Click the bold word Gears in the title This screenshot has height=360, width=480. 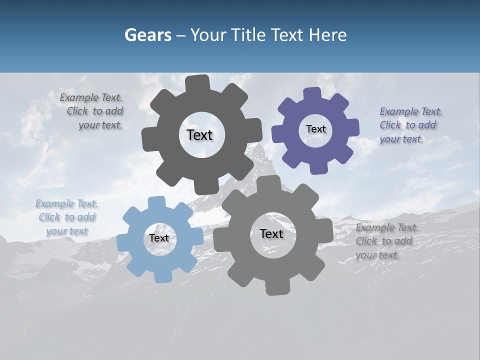(x=148, y=35)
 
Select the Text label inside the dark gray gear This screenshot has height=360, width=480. (x=199, y=135)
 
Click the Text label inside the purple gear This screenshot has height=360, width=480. (x=315, y=129)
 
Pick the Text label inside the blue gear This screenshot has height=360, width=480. (x=159, y=238)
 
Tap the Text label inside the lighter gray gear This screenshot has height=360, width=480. (x=271, y=233)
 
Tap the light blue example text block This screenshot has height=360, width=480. (x=67, y=217)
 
